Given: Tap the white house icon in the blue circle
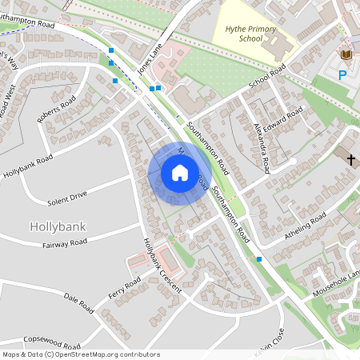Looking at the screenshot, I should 180,173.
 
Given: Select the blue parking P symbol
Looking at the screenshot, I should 342,75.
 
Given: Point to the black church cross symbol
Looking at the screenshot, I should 350,159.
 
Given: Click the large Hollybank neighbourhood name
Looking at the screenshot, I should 57,226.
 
